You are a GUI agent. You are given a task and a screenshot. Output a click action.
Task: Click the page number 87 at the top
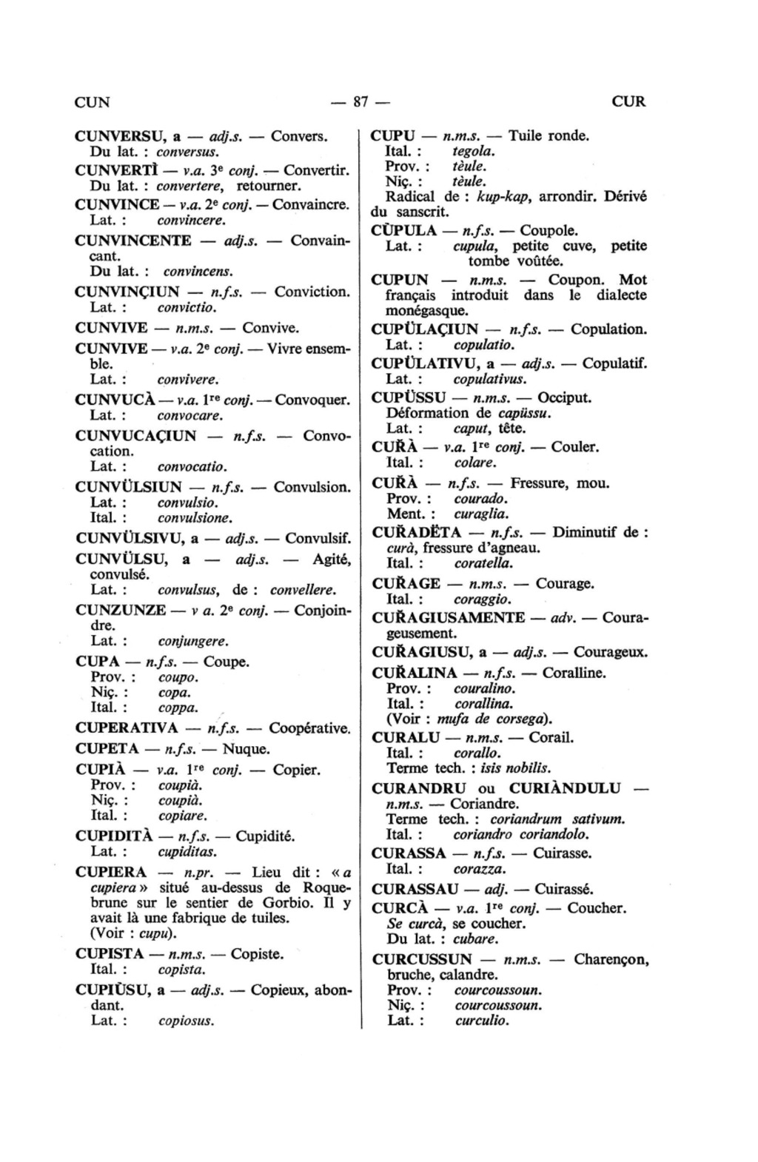[360, 101]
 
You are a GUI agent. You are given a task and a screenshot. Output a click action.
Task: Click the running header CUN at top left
[93, 102]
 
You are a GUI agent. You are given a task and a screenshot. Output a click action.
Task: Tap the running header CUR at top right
[628, 101]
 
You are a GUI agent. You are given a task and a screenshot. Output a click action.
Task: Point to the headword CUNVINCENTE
[133, 241]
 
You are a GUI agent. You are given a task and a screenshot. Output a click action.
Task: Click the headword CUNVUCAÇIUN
[136, 436]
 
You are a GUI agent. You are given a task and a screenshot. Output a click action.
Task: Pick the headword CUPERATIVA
[127, 728]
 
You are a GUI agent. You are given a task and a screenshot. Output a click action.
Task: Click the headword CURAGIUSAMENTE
[449, 618]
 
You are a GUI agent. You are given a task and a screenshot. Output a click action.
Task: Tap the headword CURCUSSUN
[422, 960]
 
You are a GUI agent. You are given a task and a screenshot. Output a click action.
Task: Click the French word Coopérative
[309, 728]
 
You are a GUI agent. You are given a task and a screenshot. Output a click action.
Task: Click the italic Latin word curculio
[482, 1021]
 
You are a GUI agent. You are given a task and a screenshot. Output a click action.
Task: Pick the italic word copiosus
[186, 1021]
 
